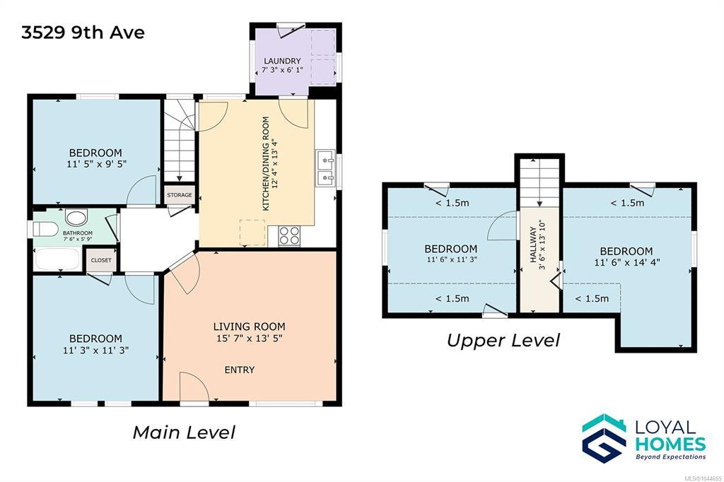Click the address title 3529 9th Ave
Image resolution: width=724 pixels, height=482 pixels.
pos(83,33)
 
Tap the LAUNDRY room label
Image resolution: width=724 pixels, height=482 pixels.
pos(282,61)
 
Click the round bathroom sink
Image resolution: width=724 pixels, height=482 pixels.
pos(76,217)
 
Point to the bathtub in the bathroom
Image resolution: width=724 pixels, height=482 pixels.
pos(57,259)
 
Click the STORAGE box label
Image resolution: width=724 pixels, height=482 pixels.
pos(179,195)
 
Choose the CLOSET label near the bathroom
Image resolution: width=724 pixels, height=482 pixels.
pos(101,260)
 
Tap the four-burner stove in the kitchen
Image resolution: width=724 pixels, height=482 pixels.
pos(289,235)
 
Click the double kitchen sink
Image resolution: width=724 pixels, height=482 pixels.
pos(325,168)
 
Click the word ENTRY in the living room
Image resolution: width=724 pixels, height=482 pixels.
pos(239,370)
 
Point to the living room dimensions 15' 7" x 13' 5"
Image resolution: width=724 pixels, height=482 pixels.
pos(250,339)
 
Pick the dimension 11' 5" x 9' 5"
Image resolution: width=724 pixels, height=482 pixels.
pos(96,163)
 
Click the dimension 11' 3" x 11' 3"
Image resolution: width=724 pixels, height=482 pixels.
pos(95,351)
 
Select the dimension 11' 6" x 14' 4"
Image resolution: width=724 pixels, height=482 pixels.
pos(627,262)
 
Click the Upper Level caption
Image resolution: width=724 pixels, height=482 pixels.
pos(503,341)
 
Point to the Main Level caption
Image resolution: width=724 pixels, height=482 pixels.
pos(185,433)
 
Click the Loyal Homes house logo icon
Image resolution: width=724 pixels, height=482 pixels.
pos(605,438)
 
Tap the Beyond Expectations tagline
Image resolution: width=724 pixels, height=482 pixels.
pos(671,457)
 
